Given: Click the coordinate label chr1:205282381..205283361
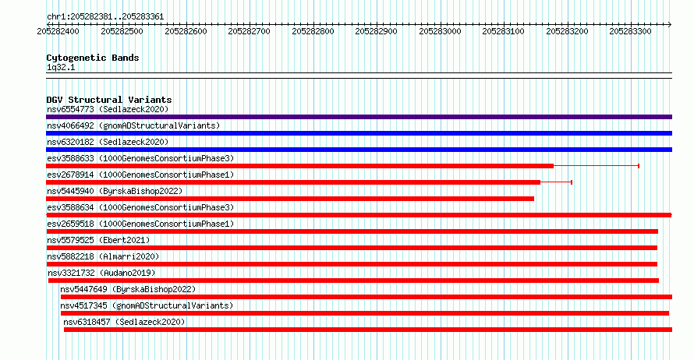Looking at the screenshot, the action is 105,17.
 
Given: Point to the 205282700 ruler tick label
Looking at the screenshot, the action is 249,31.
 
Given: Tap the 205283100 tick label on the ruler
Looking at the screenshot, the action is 503,31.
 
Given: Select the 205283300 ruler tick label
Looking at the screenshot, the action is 630,31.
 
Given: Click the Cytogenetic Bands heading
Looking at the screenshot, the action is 93,58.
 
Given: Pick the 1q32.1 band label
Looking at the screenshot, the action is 61,68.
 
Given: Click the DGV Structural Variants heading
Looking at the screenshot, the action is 109,100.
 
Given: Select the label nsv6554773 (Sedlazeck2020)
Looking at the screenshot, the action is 108,109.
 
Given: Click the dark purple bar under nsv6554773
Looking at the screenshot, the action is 359,117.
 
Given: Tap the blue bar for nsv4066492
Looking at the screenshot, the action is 359,133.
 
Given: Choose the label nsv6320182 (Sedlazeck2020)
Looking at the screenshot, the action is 108,142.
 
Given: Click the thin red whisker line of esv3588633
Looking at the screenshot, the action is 597,166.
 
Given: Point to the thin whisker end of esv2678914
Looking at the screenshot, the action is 572,182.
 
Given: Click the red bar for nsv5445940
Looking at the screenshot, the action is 290,199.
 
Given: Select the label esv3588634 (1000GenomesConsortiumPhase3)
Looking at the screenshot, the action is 140,207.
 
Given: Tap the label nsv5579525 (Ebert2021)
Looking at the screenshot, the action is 98,240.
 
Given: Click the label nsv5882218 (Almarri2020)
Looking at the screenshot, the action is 103,256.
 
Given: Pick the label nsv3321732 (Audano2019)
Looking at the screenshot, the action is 101,273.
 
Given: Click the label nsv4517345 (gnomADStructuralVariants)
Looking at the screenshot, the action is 147,305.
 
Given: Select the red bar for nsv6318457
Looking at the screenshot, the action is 368,330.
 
